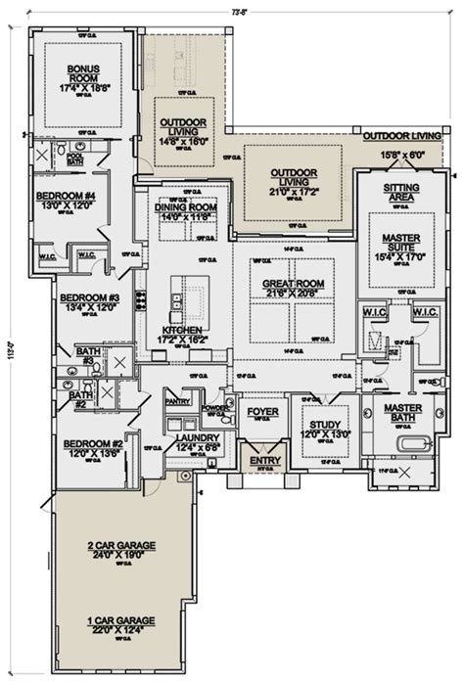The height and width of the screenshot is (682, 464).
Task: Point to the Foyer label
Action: click(261, 413)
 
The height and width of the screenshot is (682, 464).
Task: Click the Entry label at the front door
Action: click(264, 459)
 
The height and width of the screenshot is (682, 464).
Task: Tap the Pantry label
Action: click(177, 401)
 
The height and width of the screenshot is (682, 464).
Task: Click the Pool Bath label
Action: click(75, 157)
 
